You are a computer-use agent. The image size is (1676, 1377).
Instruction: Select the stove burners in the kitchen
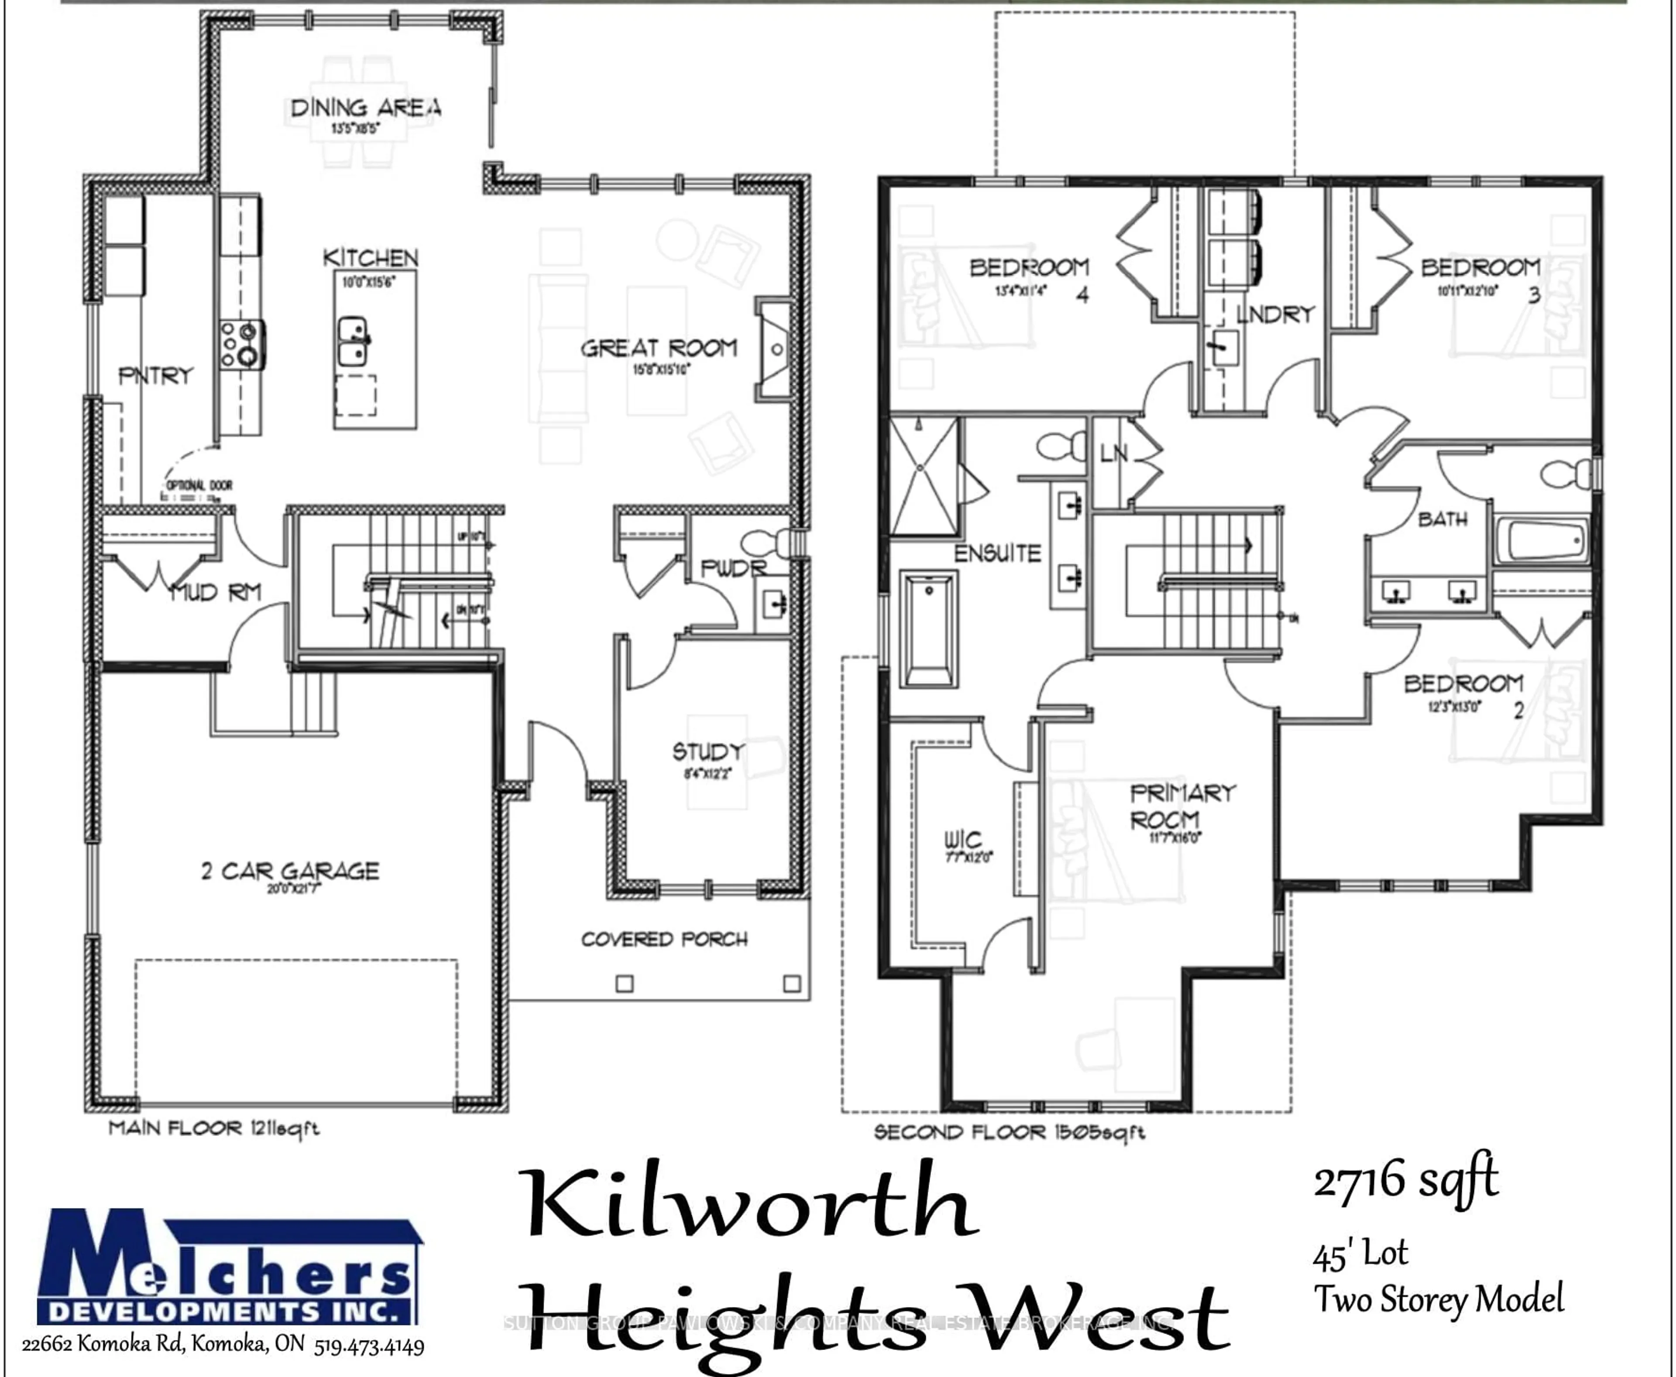[242, 344]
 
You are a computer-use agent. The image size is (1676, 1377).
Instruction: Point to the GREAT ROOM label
[659, 348]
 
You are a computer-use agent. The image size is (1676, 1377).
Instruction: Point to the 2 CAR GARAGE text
[290, 871]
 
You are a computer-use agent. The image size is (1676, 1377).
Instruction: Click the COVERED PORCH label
[664, 939]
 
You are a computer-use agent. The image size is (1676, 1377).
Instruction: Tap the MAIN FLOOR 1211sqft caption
[214, 1128]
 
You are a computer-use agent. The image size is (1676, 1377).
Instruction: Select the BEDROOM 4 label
[1029, 268]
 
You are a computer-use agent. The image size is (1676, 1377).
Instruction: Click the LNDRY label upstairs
[1275, 315]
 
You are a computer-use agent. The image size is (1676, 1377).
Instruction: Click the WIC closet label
[962, 839]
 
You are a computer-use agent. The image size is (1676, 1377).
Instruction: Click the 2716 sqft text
[1405, 1180]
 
